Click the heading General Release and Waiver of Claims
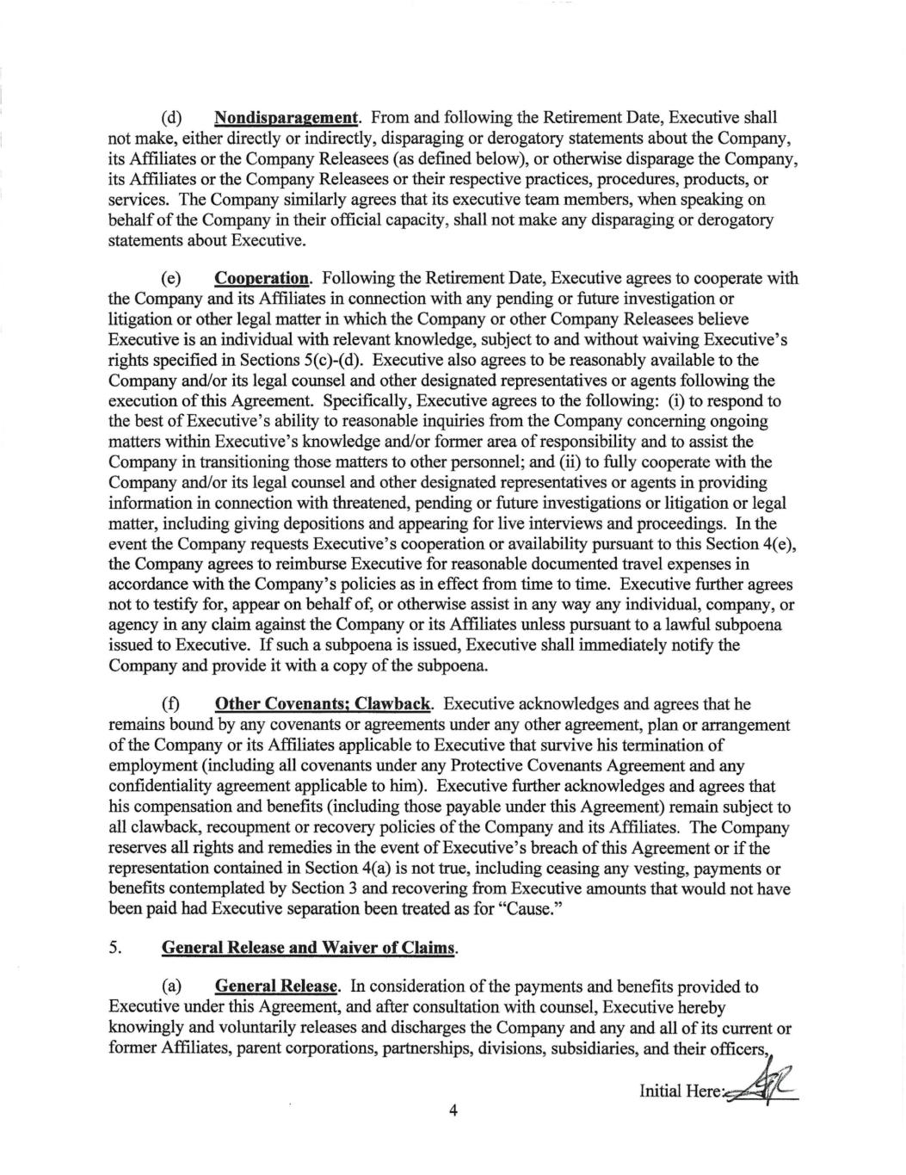click(307, 949)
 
